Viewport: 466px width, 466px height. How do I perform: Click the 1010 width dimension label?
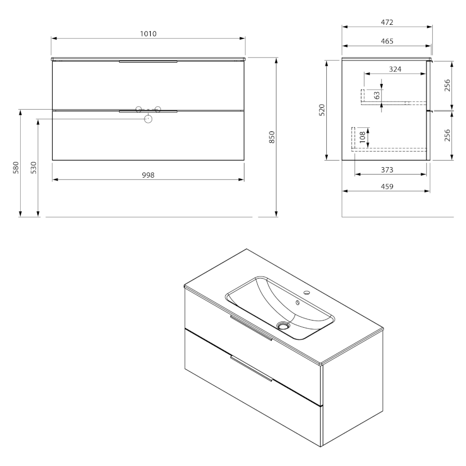pyautogui.click(x=148, y=34)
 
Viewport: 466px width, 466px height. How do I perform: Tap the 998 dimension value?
pyautogui.click(x=148, y=176)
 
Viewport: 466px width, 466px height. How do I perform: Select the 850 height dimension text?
pyautogui.click(x=272, y=137)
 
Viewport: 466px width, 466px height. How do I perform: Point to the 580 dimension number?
pyautogui.click(x=16, y=168)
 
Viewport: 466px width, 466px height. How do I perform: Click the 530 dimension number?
pyautogui.click(x=34, y=168)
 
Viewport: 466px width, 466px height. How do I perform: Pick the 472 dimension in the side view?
pyautogui.click(x=387, y=22)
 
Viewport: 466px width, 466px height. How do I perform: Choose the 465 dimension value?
pyautogui.click(x=387, y=41)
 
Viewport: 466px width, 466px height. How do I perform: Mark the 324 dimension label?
pyautogui.click(x=395, y=69)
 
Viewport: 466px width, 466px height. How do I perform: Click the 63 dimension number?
pyautogui.click(x=377, y=95)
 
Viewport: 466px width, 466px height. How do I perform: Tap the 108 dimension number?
pyautogui.click(x=362, y=137)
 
